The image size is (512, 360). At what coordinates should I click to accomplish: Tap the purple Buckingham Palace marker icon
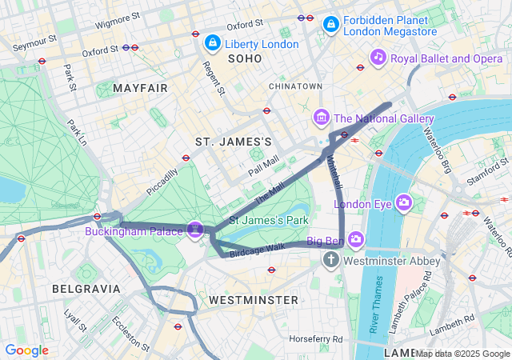click(194, 230)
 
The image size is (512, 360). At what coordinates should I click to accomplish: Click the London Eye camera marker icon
click(403, 202)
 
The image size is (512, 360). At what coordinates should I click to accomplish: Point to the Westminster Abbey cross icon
click(331, 260)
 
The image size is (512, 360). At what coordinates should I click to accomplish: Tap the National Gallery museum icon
click(322, 118)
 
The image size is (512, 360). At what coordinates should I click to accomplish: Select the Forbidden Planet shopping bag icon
click(330, 25)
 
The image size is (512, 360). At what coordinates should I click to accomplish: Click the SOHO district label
click(245, 59)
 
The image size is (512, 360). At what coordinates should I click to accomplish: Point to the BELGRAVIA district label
click(86, 288)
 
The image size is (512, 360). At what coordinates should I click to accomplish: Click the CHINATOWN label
click(296, 86)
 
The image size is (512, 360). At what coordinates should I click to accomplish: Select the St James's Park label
click(269, 219)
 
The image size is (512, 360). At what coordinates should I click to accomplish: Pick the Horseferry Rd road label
click(316, 339)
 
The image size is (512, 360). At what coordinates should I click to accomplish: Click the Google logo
click(26, 350)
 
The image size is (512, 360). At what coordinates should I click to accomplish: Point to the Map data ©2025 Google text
click(462, 354)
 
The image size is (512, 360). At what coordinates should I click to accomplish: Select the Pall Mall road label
click(263, 166)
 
